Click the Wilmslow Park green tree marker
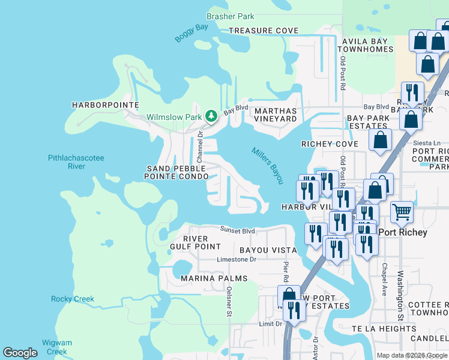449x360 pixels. click(x=211, y=115)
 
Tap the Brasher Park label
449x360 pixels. click(x=231, y=17)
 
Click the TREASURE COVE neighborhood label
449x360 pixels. click(x=263, y=31)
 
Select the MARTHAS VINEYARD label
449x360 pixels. click(x=276, y=115)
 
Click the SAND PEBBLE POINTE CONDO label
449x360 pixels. click(x=176, y=172)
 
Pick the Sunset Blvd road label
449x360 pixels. click(x=237, y=230)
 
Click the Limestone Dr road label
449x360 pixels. click(x=236, y=260)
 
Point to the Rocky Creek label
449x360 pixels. click(x=73, y=299)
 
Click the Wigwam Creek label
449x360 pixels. click(x=58, y=347)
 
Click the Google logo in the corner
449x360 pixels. click(x=20, y=353)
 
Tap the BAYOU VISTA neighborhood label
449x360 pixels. click(x=268, y=249)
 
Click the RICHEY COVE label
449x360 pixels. click(x=330, y=144)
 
